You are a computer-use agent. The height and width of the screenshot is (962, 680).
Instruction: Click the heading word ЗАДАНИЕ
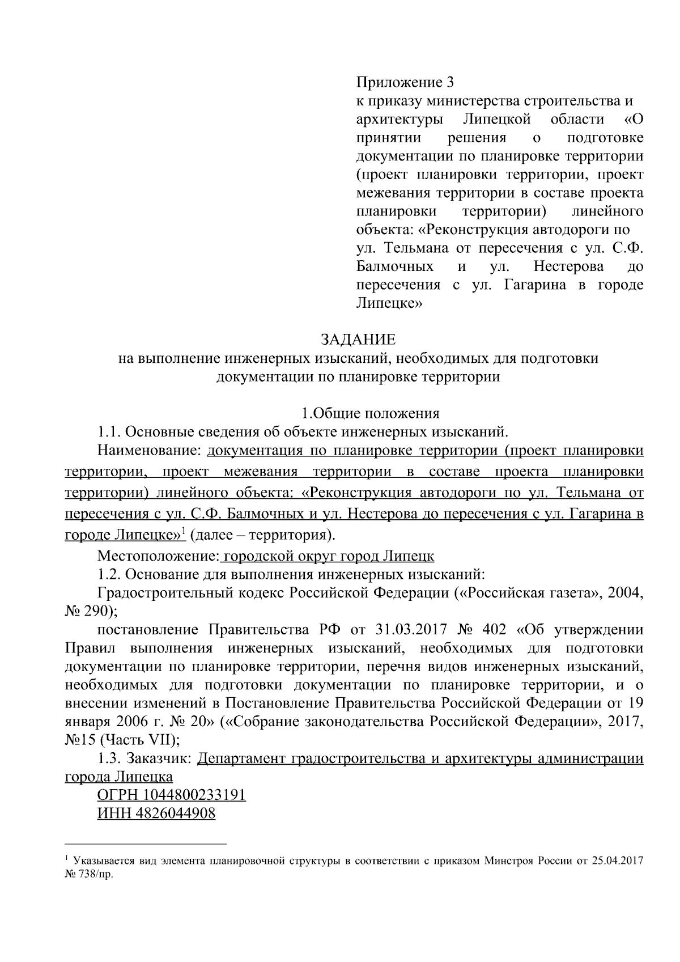358,340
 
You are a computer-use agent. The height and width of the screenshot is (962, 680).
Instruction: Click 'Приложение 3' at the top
405,83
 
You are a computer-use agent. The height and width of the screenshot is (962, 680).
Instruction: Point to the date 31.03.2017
411,630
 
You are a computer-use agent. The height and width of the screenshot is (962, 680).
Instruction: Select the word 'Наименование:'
150,451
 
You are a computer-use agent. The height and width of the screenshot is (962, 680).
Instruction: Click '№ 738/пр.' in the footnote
90,874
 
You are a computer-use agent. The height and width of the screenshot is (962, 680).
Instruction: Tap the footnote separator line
146,843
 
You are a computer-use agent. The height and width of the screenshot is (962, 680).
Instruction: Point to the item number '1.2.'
109,575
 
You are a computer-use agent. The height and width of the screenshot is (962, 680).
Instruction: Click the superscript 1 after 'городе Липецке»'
184,531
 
